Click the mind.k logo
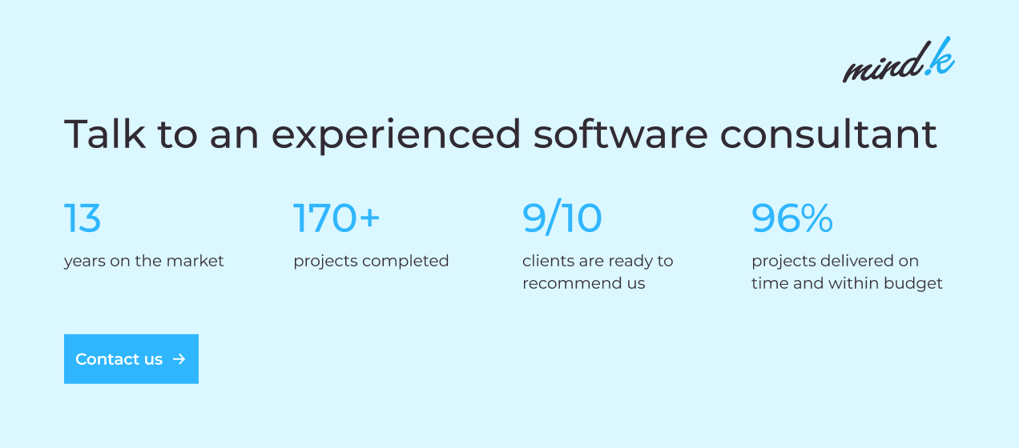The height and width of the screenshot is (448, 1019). (899, 60)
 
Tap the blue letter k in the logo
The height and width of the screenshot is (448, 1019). (941, 57)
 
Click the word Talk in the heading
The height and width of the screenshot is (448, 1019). (105, 134)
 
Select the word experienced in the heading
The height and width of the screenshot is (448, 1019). (396, 136)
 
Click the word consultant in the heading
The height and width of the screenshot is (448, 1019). (828, 134)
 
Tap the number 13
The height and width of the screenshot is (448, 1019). (83, 218)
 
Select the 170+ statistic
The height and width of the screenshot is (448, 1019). (336, 218)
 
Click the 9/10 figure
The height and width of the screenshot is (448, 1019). (562, 218)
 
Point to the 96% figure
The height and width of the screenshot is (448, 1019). (792, 218)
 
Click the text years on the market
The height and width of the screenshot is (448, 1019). (143, 262)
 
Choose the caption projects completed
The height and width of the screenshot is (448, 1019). (371, 262)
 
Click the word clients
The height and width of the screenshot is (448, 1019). (548, 261)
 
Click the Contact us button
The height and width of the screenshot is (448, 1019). (131, 359)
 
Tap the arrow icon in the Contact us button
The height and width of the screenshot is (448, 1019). (179, 359)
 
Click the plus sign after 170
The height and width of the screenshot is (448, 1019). (369, 217)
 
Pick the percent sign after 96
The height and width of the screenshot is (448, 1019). (816, 218)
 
